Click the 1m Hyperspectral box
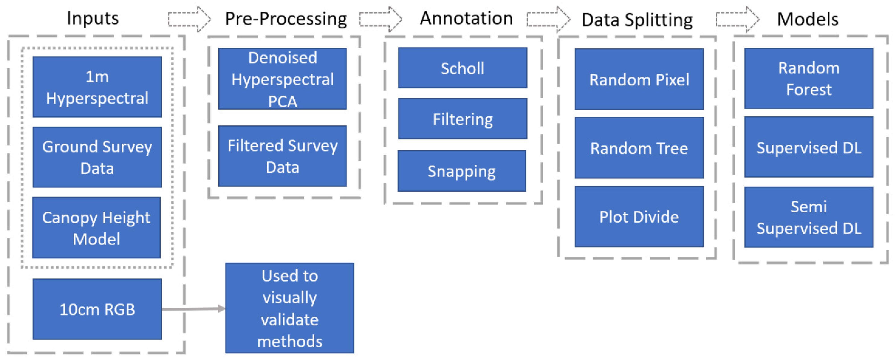97,87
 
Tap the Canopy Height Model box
96,228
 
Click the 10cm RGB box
97,309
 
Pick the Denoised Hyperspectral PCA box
282,79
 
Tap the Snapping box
462,171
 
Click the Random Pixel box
639,79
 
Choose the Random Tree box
639,148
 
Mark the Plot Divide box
639,217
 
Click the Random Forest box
809,78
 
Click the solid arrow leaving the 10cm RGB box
193,309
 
